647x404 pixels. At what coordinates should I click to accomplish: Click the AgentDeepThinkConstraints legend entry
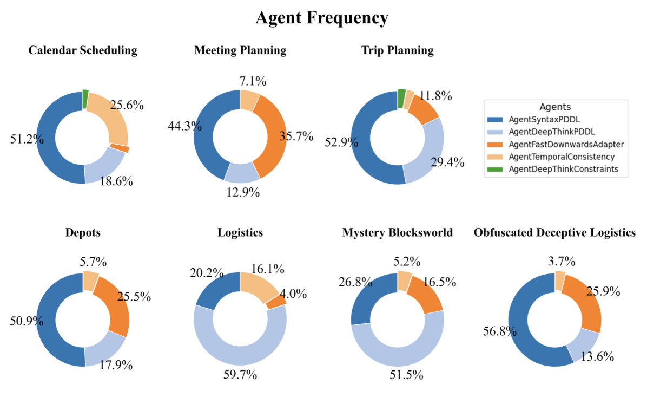click(x=558, y=170)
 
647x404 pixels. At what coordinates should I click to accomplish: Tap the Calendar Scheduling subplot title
click(x=83, y=50)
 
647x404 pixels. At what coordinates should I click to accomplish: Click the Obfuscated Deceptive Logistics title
click(x=554, y=233)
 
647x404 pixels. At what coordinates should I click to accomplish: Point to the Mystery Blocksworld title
click(x=398, y=233)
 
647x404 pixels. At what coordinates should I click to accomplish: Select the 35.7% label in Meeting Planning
click(x=296, y=136)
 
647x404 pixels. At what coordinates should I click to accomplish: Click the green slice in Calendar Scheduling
click(x=85, y=99)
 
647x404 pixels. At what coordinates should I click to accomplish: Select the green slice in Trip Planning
click(x=401, y=99)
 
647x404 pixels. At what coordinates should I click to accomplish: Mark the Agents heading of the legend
click(x=555, y=107)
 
